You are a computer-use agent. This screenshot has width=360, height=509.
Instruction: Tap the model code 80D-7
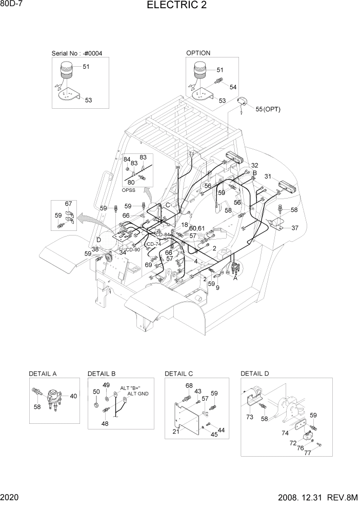pyautogui.click(x=12, y=5)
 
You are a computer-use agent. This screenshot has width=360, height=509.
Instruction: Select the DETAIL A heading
pyautogui.click(x=43, y=374)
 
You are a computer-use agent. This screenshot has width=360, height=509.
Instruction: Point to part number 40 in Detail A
pyautogui.click(x=73, y=396)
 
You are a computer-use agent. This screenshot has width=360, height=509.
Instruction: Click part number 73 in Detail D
pyautogui.click(x=250, y=417)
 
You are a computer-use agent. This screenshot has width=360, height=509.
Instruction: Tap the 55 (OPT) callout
pyautogui.click(x=267, y=109)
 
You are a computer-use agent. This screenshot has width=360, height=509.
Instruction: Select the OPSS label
pyautogui.click(x=129, y=190)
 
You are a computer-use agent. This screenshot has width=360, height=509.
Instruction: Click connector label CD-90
pyautogui.click(x=133, y=249)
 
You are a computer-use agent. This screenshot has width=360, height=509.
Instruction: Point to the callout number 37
pyautogui.click(x=294, y=228)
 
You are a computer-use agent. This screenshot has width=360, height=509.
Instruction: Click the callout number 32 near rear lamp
pyautogui.click(x=254, y=165)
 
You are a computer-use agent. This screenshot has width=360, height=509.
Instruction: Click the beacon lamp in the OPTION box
pyautogui.click(x=198, y=71)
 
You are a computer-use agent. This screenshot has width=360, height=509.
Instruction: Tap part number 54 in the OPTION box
pyautogui.click(x=233, y=87)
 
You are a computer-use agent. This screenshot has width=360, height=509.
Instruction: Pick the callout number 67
pyautogui.click(x=68, y=204)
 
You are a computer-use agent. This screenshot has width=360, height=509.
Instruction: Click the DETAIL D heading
pyautogui.click(x=254, y=374)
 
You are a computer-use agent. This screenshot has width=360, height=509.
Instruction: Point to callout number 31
pyautogui.click(x=267, y=177)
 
